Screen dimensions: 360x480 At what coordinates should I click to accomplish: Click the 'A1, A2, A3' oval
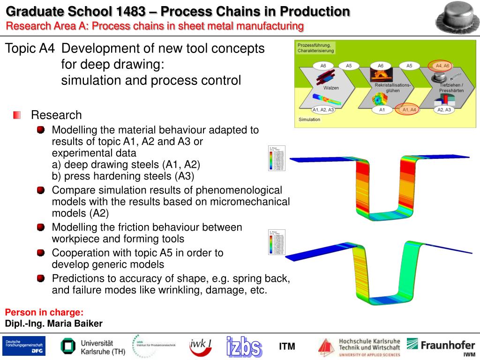pyautogui.click(x=323, y=110)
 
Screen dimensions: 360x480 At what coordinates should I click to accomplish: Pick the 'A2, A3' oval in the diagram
pyautogui.click(x=443, y=110)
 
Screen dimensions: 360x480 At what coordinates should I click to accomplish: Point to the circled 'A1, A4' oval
pyautogui.click(x=409, y=110)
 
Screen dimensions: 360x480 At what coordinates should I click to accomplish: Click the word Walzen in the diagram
pyautogui.click(x=331, y=88)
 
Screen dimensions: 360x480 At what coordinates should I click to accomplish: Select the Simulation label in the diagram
pyautogui.click(x=309, y=120)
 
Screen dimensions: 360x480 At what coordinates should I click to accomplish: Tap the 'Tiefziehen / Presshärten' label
pyautogui.click(x=451, y=88)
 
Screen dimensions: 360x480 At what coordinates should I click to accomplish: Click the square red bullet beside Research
pyautogui.click(x=17, y=115)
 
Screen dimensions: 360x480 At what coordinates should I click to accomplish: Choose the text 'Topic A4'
pyautogui.click(x=30, y=48)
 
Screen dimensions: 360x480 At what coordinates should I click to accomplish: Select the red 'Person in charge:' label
pyautogui.click(x=44, y=313)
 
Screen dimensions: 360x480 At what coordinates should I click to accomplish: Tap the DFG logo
pyautogui.click(x=24, y=346)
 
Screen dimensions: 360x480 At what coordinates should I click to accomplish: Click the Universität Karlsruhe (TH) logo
pyautogui.click(x=88, y=346)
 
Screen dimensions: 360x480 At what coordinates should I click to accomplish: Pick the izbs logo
pyautogui.click(x=244, y=347)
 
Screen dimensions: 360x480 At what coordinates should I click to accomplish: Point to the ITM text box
pyautogui.click(x=287, y=346)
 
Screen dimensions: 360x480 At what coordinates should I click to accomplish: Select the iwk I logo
pyautogui.click(x=200, y=347)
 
